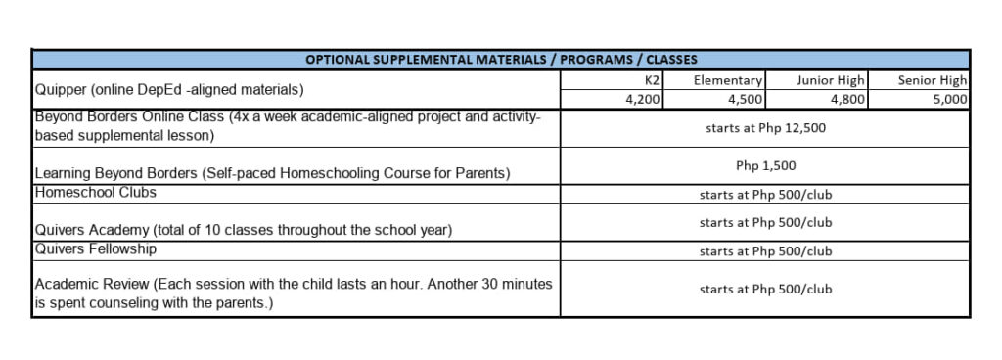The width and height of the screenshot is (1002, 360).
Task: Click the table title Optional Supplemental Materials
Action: click(501, 60)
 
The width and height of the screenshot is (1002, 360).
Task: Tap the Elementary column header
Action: click(728, 80)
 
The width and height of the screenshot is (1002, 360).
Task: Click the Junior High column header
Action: click(831, 80)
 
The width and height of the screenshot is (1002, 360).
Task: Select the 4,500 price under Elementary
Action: click(745, 99)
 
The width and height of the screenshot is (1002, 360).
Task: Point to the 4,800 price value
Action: click(846, 99)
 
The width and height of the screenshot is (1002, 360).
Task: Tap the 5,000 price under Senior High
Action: click(950, 99)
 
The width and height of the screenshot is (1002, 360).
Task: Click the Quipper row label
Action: click(169, 90)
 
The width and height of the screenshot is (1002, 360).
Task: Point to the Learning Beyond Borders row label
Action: click(273, 174)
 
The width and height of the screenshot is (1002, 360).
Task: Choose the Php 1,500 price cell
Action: click(765, 166)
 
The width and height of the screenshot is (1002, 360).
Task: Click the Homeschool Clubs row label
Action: click(96, 193)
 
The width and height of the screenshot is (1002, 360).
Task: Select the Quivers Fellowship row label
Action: click(96, 248)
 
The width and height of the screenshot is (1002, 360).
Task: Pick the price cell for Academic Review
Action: click(765, 290)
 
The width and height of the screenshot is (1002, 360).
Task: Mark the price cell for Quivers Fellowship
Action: click(765, 251)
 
